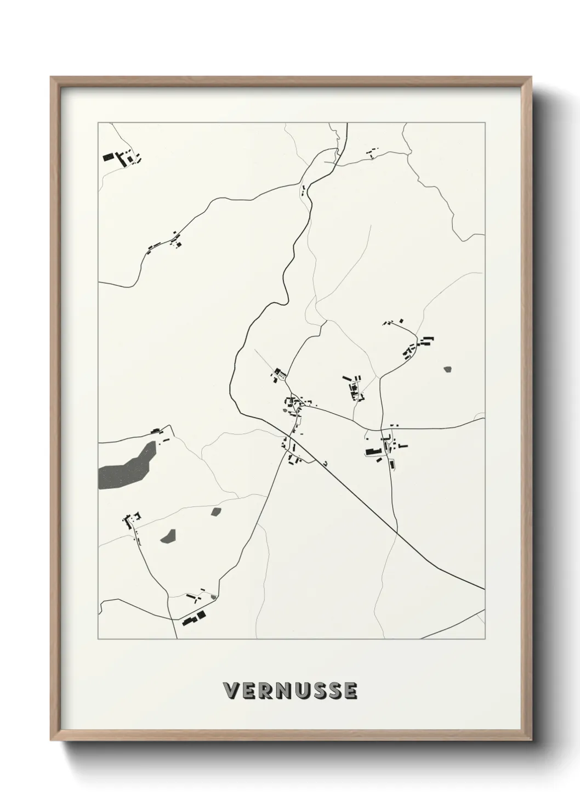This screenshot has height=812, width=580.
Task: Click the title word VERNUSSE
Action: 290,691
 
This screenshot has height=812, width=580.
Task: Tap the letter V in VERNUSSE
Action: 230,691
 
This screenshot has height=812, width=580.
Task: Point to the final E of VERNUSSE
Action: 350,691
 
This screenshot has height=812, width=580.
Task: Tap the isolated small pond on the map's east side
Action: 448,370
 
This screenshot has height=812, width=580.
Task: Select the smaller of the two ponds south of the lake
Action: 216,512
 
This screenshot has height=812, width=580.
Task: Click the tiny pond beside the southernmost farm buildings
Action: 213,596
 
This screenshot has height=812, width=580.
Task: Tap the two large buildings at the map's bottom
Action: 194,617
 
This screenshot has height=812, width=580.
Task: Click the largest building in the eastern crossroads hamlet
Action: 373,452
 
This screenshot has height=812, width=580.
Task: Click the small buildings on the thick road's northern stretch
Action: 302,190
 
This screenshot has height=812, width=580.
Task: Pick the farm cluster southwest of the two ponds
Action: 132,520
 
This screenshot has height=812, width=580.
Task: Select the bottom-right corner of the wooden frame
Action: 530,741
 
